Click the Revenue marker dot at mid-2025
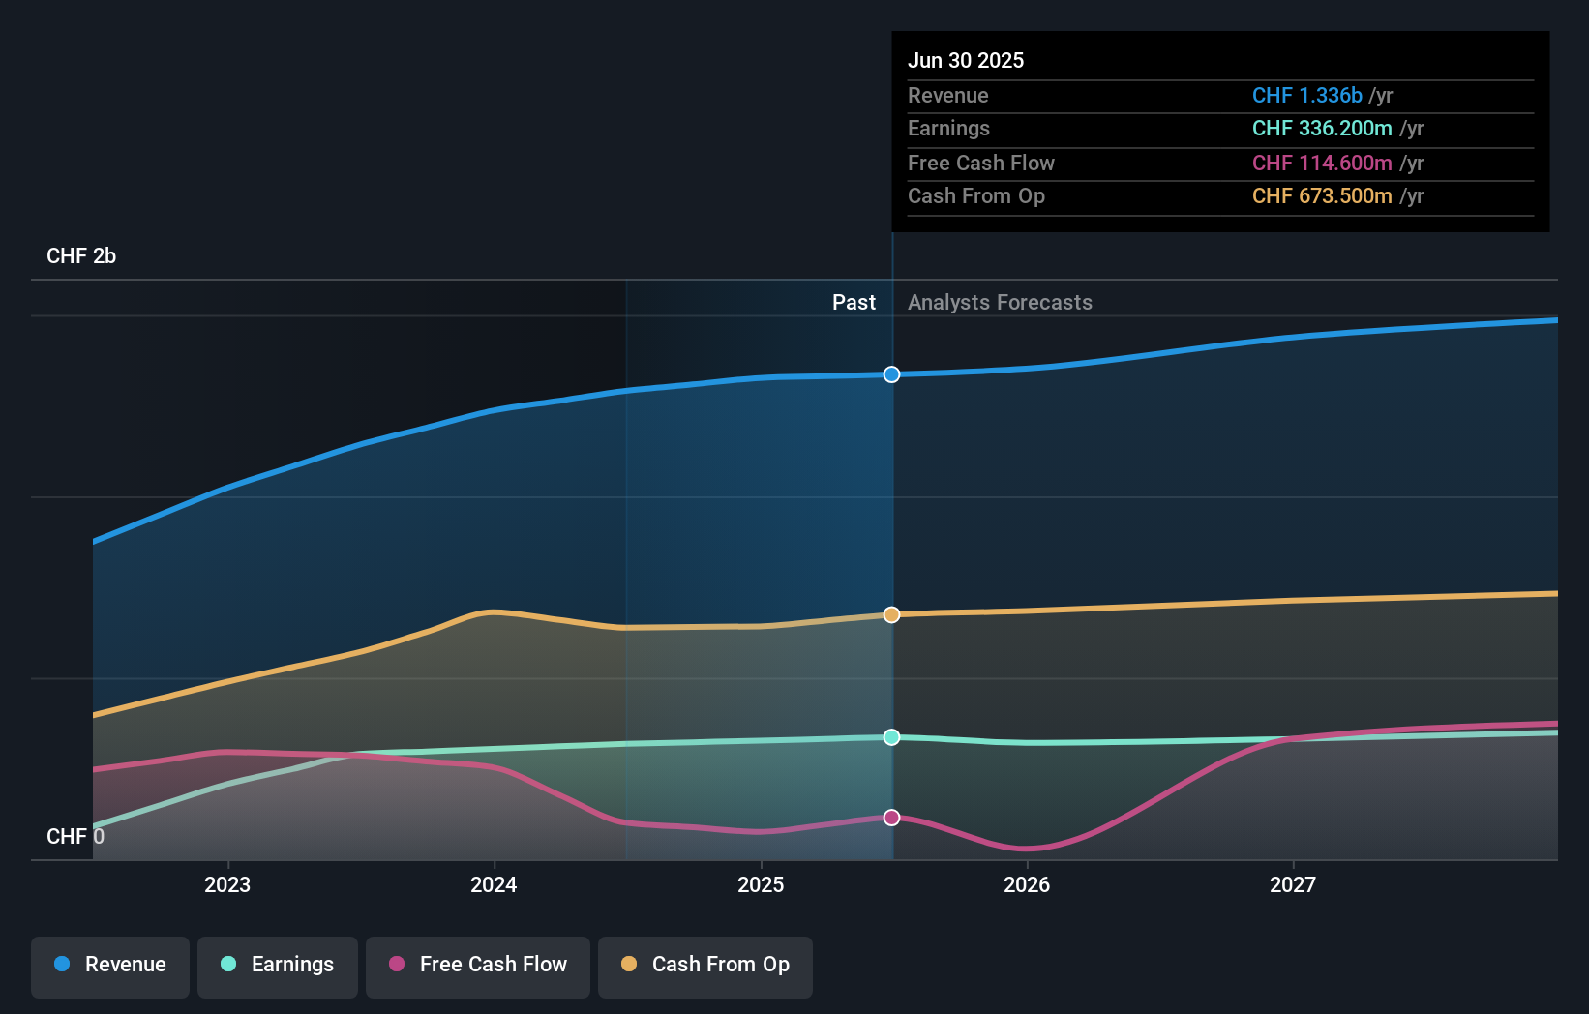point(891,374)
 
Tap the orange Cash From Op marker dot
point(891,614)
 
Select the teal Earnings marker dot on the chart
point(891,737)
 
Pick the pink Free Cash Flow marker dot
point(891,818)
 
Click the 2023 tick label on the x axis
point(227,884)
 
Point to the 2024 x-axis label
point(494,884)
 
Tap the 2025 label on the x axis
point(761,884)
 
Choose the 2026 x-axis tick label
point(1027,884)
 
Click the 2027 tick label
point(1293,884)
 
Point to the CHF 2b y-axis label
point(81,256)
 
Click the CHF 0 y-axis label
point(75,836)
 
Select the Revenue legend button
point(110,965)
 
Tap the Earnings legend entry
point(278,965)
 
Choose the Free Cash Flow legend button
point(478,965)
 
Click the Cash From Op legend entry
point(705,965)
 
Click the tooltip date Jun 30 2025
point(966,60)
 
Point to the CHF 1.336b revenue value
point(1306,95)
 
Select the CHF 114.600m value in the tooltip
point(1322,163)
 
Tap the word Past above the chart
point(854,302)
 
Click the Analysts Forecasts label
point(1000,302)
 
